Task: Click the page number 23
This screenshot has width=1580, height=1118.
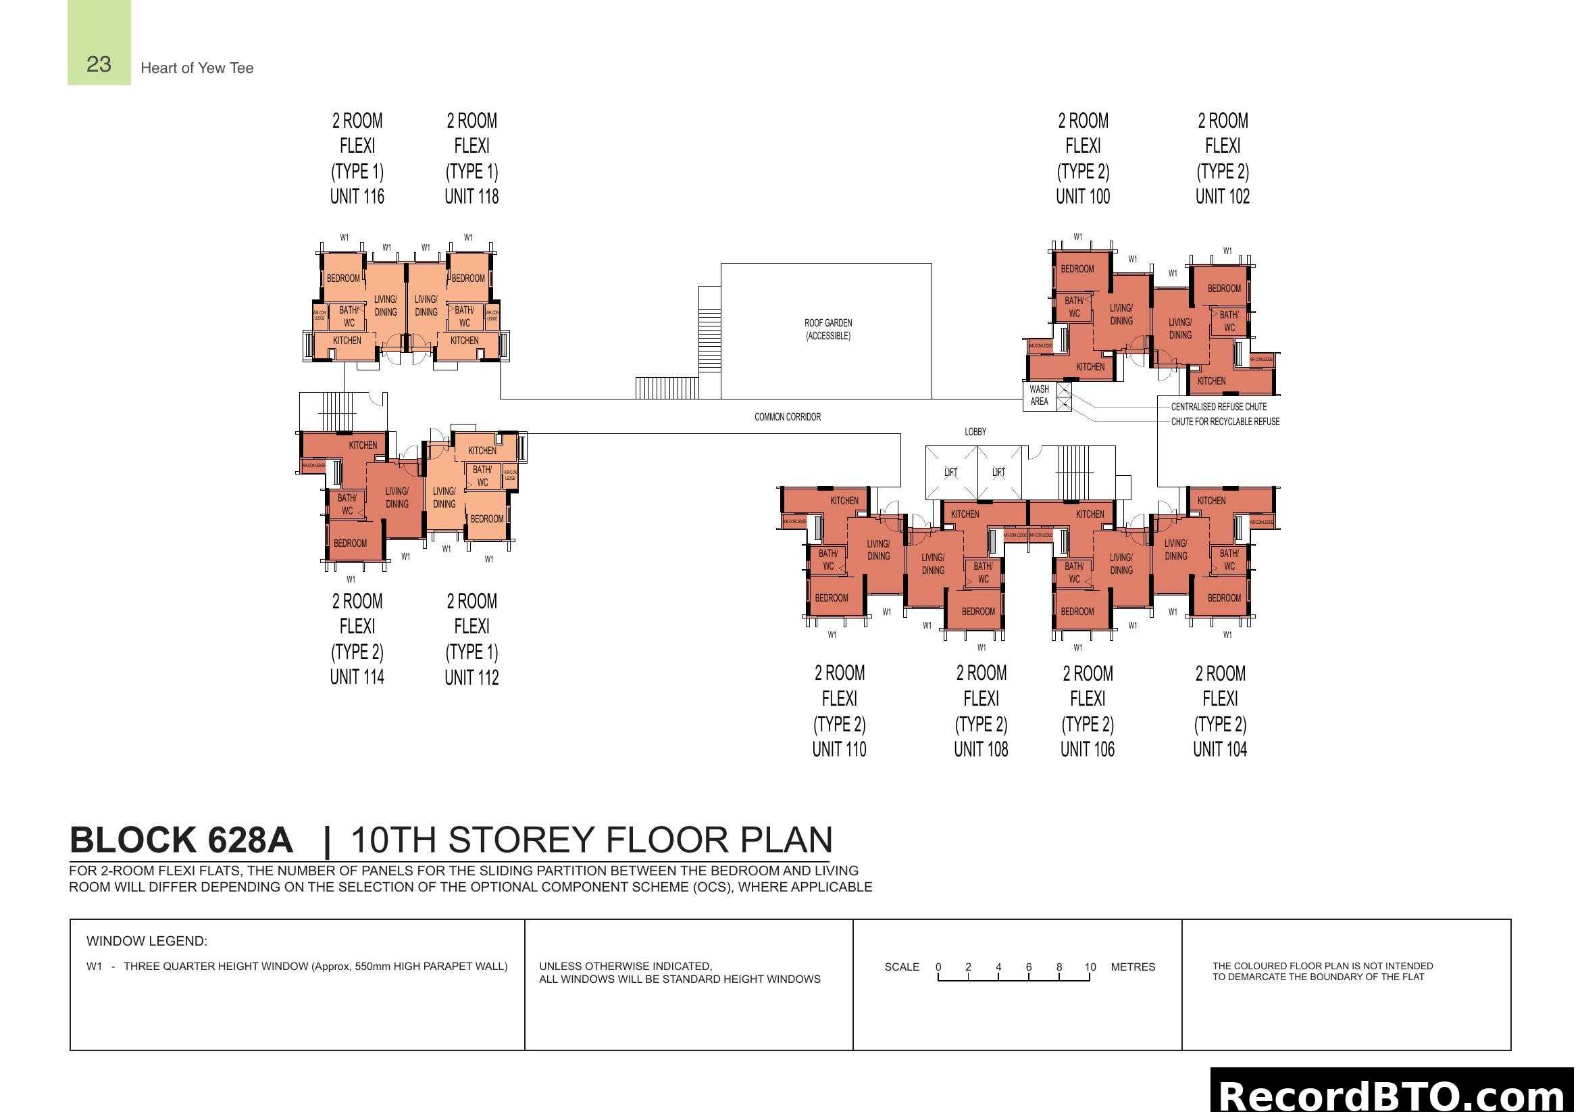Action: (x=99, y=64)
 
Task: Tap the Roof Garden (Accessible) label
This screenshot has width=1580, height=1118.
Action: (x=828, y=329)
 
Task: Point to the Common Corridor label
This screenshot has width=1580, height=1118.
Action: (x=787, y=416)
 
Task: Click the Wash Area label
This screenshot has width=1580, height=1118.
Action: (x=1039, y=395)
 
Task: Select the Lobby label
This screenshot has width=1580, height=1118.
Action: (x=975, y=432)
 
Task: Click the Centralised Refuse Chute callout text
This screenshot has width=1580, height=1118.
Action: (x=1219, y=407)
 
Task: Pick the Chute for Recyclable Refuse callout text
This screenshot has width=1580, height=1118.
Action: (x=1225, y=421)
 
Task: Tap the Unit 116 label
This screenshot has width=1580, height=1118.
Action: (x=357, y=197)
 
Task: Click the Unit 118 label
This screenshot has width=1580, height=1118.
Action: (x=472, y=197)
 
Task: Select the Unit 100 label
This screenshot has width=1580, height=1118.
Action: (x=1082, y=197)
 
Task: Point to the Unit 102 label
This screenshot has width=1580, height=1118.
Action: (x=1222, y=197)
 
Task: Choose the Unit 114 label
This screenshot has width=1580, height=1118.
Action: (x=357, y=677)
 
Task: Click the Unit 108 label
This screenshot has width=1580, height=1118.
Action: (x=981, y=749)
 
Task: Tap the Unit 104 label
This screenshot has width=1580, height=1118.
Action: (x=1219, y=749)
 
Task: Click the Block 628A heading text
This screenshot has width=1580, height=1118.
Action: (x=182, y=840)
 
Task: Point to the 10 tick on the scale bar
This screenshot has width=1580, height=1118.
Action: (x=1090, y=967)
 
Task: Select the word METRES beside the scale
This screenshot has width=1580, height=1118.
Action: (x=1133, y=967)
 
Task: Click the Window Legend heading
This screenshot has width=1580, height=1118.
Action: (x=147, y=941)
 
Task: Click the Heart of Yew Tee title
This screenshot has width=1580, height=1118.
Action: (x=197, y=68)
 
